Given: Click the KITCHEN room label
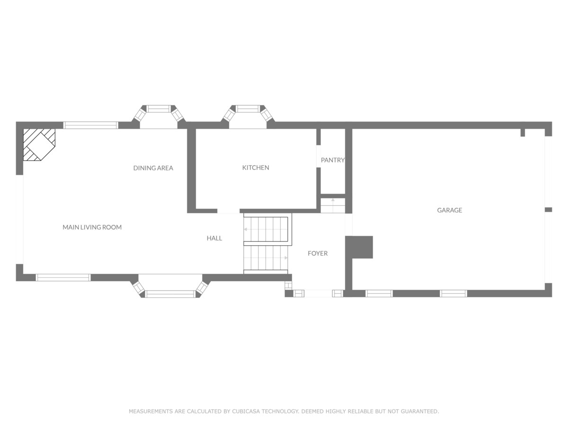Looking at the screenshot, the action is [x=256, y=168].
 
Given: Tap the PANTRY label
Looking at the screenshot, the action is [x=333, y=160].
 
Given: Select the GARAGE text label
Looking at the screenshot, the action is [x=450, y=210].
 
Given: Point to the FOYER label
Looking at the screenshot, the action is [x=318, y=253].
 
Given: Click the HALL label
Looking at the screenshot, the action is [x=214, y=238].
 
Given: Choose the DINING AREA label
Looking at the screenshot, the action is [x=153, y=168].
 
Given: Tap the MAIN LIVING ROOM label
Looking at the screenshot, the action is [x=92, y=227].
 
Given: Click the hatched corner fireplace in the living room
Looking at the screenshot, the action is [x=39, y=144].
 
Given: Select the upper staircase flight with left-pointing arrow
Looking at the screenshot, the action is [x=267, y=230].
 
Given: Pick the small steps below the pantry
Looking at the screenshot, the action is [x=333, y=205].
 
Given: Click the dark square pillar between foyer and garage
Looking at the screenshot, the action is [x=359, y=247].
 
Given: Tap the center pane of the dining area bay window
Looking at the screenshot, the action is [x=159, y=109].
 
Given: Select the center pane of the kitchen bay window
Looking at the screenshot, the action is [x=248, y=109].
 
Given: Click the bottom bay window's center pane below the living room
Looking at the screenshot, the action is [x=170, y=294].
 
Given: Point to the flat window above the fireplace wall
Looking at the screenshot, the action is [x=91, y=125].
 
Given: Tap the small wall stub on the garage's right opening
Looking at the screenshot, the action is [x=548, y=210].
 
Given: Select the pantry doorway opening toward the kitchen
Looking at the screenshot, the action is [x=319, y=157].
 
